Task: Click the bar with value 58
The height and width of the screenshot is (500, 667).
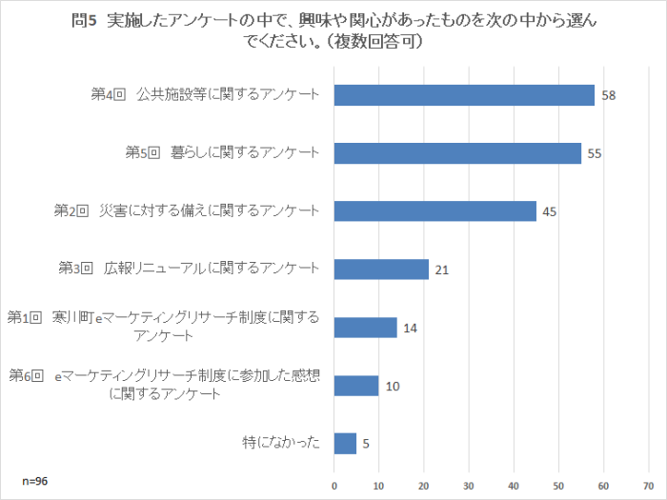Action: click(464, 95)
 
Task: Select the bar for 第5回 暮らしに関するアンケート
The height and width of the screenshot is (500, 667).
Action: click(457, 153)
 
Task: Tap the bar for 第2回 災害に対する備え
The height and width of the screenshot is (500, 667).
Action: click(435, 211)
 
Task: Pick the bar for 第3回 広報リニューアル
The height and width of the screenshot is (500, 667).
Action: click(381, 270)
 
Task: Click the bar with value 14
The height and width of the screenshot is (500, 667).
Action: click(365, 328)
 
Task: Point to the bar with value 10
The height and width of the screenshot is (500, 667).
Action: click(356, 386)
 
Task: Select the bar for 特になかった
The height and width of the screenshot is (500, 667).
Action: click(345, 444)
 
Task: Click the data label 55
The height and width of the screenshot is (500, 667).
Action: click(594, 154)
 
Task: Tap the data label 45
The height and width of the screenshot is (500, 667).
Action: click(549, 212)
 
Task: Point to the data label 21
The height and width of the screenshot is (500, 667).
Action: click(441, 270)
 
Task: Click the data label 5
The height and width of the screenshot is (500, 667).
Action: click(366, 444)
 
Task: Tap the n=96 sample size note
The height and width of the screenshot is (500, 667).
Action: click(35, 481)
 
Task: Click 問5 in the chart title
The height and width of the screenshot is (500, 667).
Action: click(86, 21)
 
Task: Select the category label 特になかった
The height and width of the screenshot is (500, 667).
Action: click(281, 444)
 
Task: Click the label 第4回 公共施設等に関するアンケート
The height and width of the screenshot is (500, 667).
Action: click(204, 95)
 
